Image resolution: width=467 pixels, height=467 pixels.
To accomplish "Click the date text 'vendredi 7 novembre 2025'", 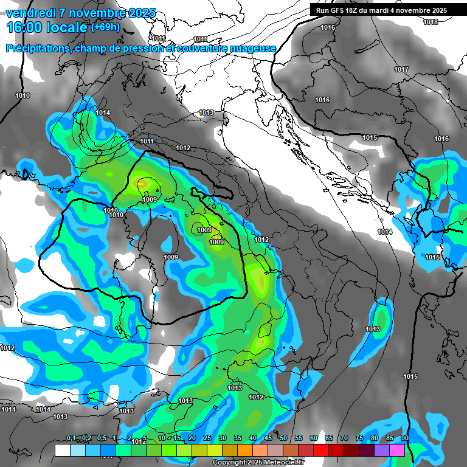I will coord(80,13).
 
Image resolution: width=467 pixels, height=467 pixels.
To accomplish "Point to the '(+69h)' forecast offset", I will coord(105,27).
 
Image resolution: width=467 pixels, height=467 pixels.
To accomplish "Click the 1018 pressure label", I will coord(431,22).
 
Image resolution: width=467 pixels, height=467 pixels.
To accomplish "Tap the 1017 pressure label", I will coord(401,69).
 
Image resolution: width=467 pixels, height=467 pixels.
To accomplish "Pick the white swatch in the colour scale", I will coord(62,450).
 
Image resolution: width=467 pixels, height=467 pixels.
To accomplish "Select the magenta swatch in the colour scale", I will coord(396,450).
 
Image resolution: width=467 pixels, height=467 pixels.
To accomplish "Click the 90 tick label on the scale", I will coord(404,438).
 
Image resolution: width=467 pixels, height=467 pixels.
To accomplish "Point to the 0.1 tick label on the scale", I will coord(71,438).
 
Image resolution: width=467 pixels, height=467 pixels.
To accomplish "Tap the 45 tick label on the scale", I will coord(268,438).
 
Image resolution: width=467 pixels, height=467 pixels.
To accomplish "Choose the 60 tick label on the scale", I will coord(314,438).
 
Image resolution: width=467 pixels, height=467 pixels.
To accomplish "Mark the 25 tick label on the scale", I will coord(207,438).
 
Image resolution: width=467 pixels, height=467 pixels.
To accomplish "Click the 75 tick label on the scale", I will coord(359,438).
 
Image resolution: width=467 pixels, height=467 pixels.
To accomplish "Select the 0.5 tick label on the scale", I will coord(101,438).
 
